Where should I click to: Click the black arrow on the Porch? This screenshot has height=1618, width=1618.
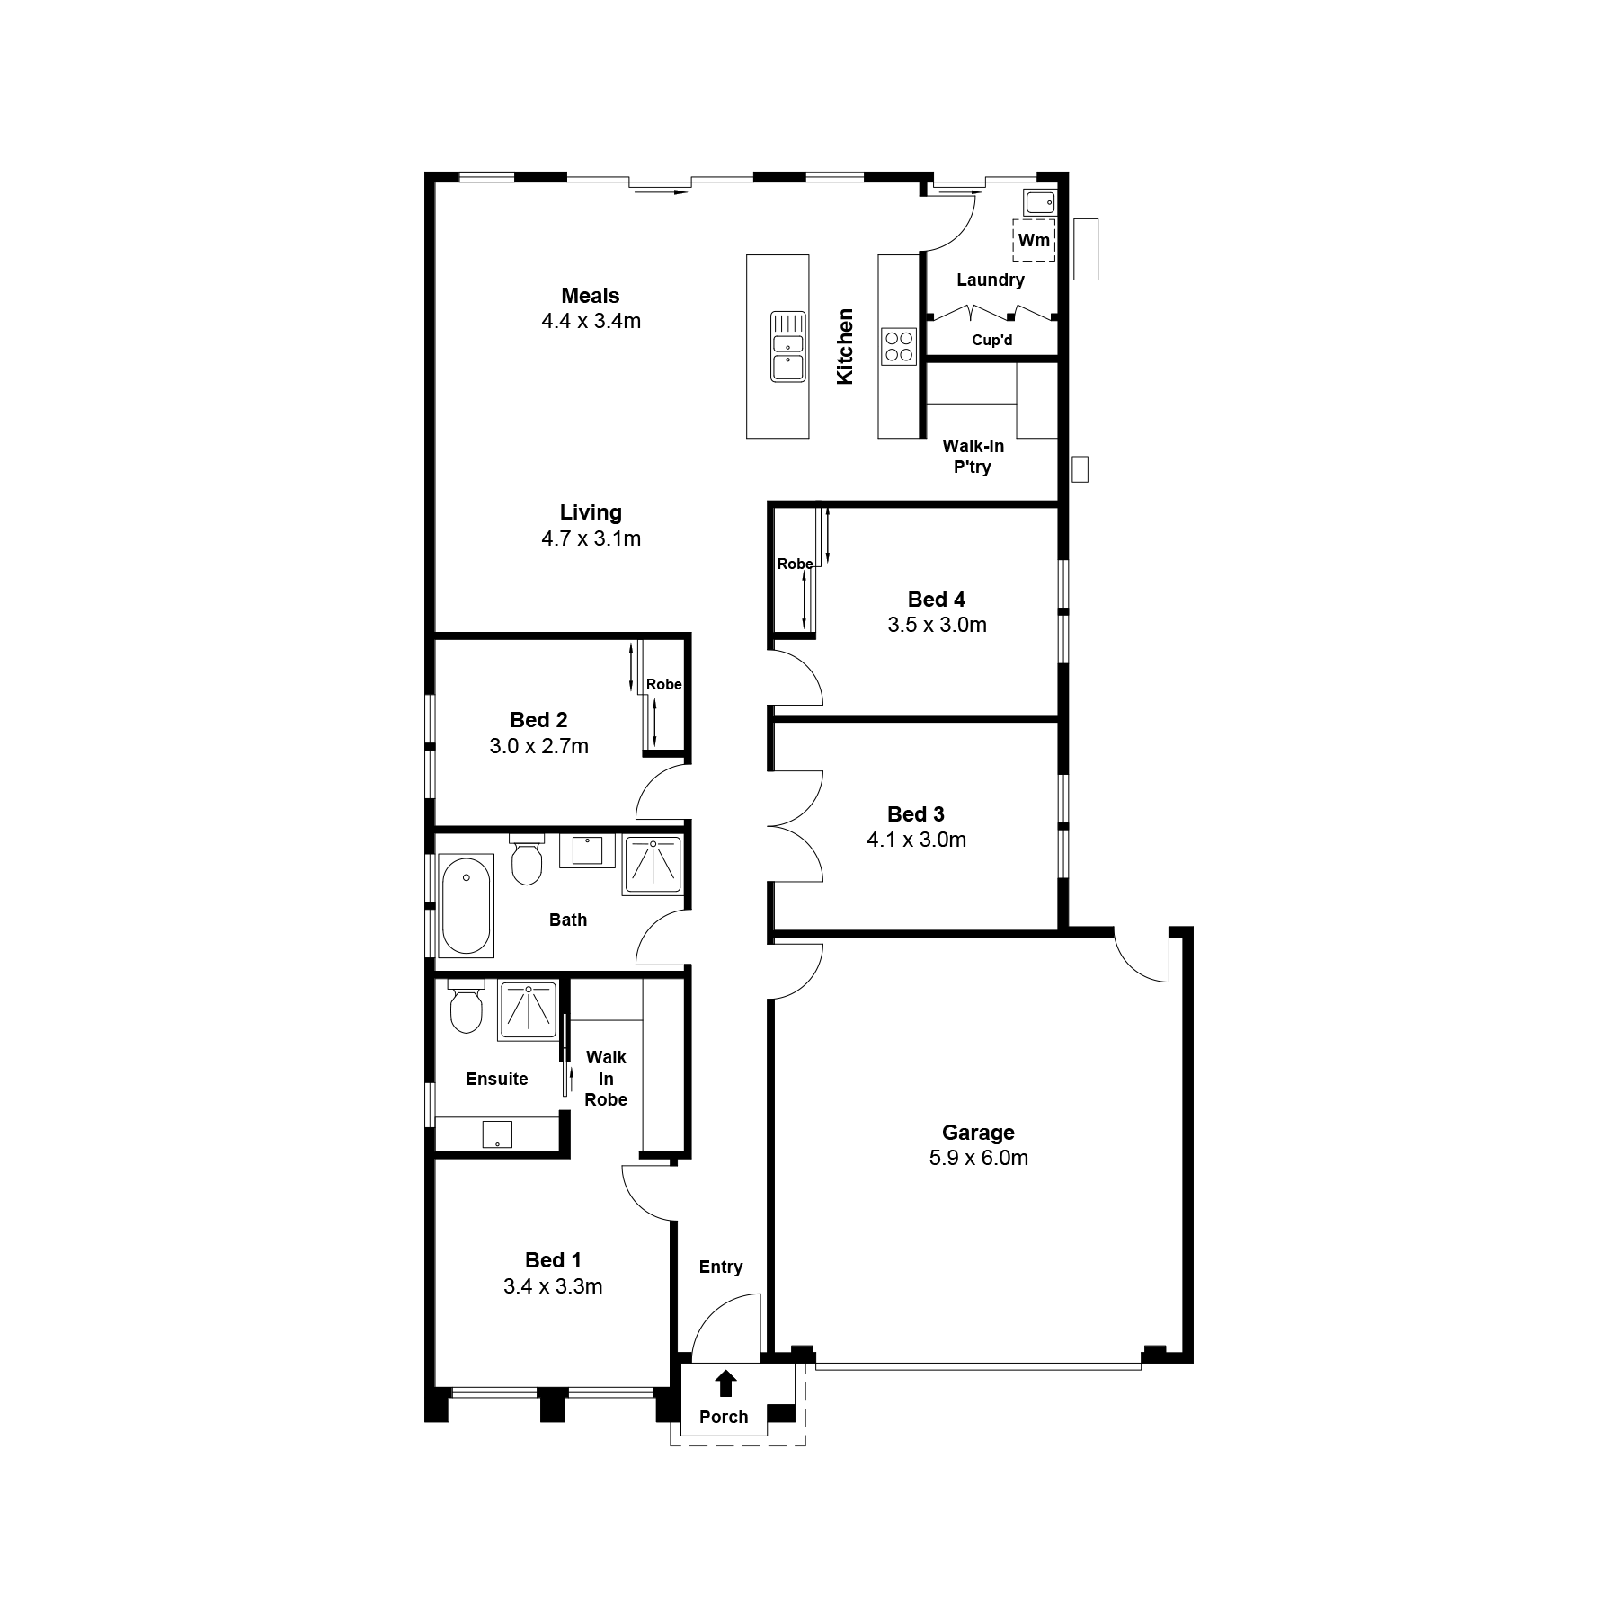[x=725, y=1382]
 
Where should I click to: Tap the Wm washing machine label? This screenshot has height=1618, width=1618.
[x=1034, y=240]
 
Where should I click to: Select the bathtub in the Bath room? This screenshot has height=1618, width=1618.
[x=466, y=904]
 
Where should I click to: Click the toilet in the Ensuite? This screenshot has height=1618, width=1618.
[x=466, y=1007]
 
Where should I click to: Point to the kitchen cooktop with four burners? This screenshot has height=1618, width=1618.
[x=898, y=347]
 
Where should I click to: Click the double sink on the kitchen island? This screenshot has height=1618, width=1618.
[x=788, y=347]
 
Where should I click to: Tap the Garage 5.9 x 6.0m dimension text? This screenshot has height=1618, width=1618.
[x=979, y=1158]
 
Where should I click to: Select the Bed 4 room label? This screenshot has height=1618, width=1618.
[x=936, y=600]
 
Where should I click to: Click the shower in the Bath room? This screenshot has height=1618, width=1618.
[x=652, y=866]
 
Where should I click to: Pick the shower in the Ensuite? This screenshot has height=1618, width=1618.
[x=528, y=1010]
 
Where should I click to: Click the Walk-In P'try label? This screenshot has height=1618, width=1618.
[x=973, y=457]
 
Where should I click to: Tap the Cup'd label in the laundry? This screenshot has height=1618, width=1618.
[x=992, y=341]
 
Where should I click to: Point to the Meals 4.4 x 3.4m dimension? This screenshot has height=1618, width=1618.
[x=591, y=321]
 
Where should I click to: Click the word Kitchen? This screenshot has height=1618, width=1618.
[x=845, y=347]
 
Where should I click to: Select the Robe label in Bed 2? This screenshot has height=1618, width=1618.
[x=664, y=684]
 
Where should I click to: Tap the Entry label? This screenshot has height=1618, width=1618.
[x=721, y=1267]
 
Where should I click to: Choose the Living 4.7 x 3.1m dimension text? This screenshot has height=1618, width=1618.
[x=591, y=538]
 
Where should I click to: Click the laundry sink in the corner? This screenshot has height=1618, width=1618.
[x=1040, y=202]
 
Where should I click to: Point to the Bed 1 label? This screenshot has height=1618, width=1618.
[x=553, y=1260]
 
